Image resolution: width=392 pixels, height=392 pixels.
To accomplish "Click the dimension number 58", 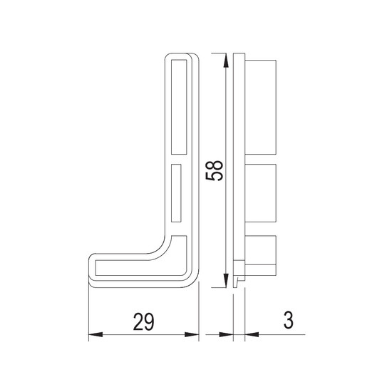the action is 215,170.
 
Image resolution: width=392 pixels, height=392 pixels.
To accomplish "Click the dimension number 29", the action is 143,321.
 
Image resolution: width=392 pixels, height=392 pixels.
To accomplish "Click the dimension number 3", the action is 288,320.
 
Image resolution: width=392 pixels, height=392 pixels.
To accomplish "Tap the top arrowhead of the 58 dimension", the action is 226,61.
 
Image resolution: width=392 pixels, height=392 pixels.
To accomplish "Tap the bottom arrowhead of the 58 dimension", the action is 226,280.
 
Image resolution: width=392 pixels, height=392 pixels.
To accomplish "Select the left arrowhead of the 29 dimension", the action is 96,334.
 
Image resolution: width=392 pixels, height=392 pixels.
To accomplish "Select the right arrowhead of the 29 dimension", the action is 192,334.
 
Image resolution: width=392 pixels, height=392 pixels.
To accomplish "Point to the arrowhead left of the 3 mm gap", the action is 226,334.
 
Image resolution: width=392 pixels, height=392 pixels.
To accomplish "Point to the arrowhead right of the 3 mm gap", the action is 252,334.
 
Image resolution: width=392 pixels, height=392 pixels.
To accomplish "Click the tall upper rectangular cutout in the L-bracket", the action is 179,107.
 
